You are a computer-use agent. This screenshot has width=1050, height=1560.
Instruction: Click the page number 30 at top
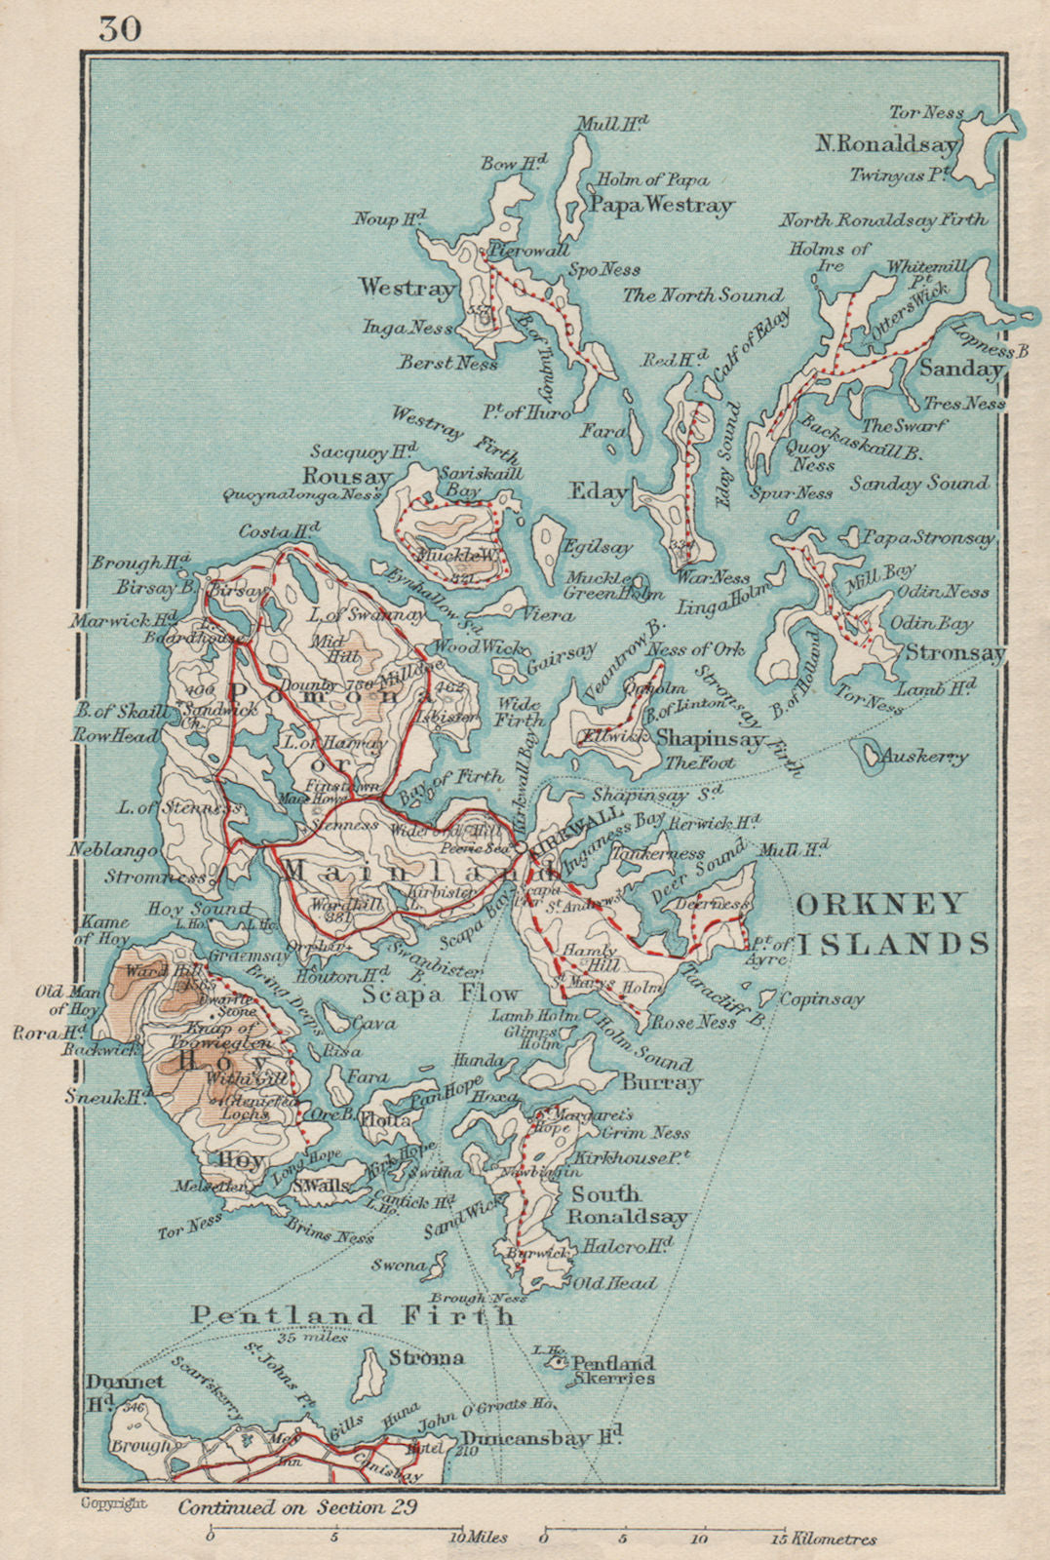(x=120, y=29)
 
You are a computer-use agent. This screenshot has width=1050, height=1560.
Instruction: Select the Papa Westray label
(x=659, y=205)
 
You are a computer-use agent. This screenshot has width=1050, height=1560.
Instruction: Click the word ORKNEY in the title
(x=880, y=904)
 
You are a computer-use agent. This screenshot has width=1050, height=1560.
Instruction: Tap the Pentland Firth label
(x=352, y=1315)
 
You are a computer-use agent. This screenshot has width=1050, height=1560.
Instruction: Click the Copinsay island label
(x=821, y=999)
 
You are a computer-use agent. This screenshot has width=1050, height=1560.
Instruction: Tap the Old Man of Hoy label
(x=64, y=999)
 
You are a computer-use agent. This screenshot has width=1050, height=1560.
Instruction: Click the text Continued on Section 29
(x=297, y=1506)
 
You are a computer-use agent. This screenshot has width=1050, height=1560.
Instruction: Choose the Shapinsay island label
(x=710, y=738)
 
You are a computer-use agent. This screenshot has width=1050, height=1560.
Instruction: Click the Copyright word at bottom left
(x=114, y=1503)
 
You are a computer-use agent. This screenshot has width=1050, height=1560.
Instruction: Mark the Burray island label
(x=661, y=1082)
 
